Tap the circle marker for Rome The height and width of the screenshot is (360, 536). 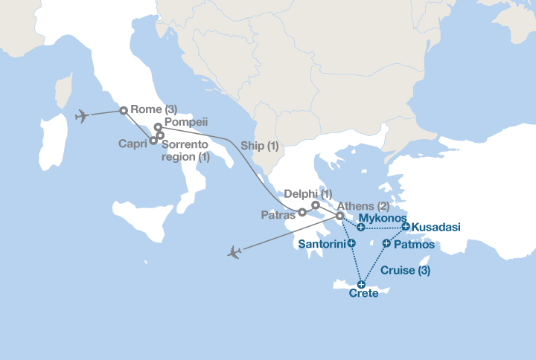[124, 111]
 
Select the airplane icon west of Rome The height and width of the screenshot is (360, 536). [82, 116]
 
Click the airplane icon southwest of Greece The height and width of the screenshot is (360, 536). [234, 252]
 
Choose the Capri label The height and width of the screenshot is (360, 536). [133, 144]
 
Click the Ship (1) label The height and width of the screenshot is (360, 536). [260, 146]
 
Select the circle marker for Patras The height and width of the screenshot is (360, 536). [302, 212]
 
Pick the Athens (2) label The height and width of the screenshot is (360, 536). [364, 206]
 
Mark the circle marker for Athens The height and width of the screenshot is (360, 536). [339, 216]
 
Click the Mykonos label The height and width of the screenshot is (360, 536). [383, 218]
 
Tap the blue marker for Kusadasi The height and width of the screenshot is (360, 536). [405, 226]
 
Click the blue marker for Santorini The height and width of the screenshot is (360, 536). [351, 243]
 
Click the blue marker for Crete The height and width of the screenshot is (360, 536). [361, 283]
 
